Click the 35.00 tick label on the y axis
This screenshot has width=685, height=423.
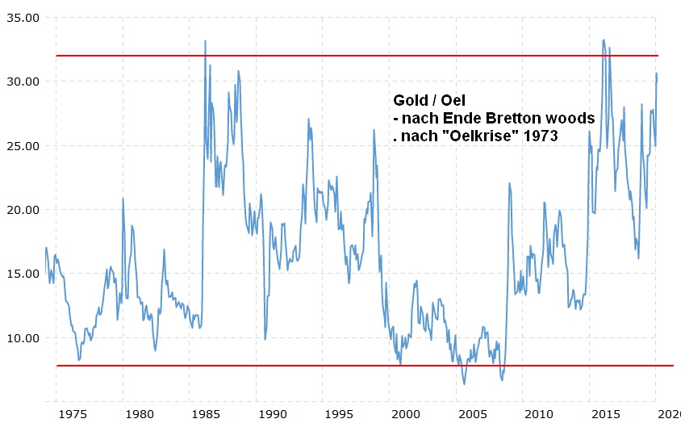pyautogui.click(x=21, y=18)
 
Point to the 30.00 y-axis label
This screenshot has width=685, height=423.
pyautogui.click(x=21, y=82)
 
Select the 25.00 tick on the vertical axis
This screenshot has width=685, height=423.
pyautogui.click(x=21, y=145)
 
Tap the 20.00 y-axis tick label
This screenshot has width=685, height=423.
pyautogui.click(x=21, y=209)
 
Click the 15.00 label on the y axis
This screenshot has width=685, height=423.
pyautogui.click(x=21, y=273)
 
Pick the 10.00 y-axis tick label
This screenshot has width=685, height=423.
pyautogui.click(x=21, y=337)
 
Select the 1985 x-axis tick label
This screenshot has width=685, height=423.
pyautogui.click(x=206, y=413)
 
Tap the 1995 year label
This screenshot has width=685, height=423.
pyautogui.click(x=339, y=413)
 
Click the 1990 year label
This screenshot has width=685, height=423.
pyautogui.click(x=272, y=413)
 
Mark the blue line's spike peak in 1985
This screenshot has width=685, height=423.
pyautogui.click(x=205, y=41)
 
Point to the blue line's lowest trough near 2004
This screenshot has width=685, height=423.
pyautogui.click(x=464, y=383)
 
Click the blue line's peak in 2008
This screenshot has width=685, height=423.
pyautogui.click(x=509, y=183)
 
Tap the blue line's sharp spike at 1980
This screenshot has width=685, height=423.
pyautogui.click(x=123, y=198)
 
